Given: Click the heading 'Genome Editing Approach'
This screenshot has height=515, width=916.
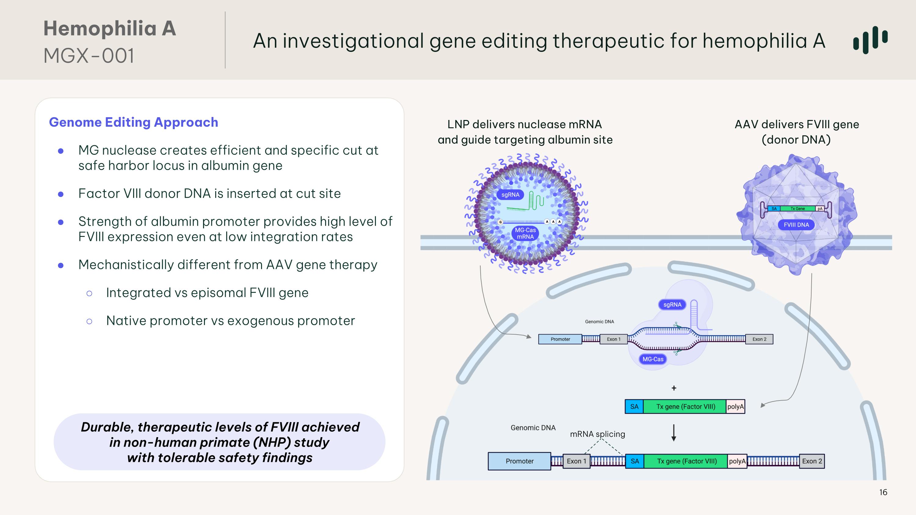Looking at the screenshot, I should pos(133,122).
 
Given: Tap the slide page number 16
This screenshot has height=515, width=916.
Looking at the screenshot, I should pos(883,492).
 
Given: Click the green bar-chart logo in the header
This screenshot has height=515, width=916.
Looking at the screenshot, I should pos(870,40).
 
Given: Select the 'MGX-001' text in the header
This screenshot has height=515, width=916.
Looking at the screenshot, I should pos(89,56).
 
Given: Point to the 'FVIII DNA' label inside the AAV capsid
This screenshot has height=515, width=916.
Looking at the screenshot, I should pos(796,225).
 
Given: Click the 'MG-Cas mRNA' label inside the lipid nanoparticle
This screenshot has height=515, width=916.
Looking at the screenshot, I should pos(525,234).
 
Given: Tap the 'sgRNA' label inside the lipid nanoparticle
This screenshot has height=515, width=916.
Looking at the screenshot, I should pos(510,195).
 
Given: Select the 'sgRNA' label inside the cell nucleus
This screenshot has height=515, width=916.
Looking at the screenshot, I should pos(672,305).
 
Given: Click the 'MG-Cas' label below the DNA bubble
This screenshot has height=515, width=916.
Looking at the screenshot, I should pos(653,359).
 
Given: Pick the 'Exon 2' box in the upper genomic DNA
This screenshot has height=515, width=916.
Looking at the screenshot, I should pos(759,339).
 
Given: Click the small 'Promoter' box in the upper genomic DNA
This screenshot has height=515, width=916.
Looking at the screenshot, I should pos(560,339).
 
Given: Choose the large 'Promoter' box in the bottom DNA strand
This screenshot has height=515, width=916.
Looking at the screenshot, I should pos(519,461).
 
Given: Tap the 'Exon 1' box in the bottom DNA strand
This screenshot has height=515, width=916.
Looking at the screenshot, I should pos(576,461).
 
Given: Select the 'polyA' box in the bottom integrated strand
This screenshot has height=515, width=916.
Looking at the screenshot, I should pos(737,461).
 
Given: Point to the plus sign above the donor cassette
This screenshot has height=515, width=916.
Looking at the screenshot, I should pos(674,388).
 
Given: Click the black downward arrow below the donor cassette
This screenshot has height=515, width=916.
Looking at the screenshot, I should pos(674,433).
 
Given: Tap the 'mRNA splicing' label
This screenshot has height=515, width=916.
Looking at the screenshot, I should pos(598,434).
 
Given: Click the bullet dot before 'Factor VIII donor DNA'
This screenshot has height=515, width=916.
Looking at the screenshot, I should pos(61,194).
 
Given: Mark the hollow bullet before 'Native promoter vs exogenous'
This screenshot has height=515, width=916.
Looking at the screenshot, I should pos(89,321).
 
